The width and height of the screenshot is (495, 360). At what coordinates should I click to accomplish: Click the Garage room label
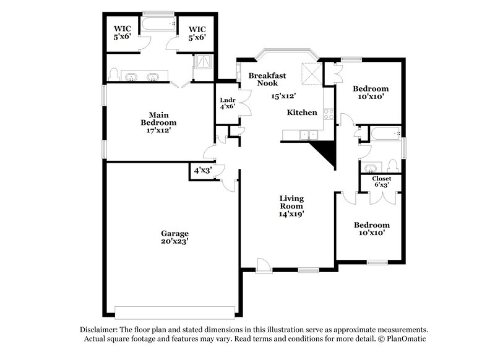(175, 233)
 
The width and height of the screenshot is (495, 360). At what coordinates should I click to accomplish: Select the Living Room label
(290, 202)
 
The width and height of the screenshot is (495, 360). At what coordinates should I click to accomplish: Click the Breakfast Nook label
(267, 79)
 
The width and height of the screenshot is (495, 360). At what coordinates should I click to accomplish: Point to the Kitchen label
(302, 113)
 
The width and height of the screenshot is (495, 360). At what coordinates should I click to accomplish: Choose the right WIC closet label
(197, 28)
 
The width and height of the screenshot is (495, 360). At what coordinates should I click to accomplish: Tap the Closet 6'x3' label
(381, 178)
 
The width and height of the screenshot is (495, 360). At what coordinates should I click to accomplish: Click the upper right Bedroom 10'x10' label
(371, 89)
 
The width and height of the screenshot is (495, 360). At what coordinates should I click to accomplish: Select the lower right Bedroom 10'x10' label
(371, 225)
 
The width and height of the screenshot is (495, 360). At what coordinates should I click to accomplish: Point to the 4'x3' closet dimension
(202, 171)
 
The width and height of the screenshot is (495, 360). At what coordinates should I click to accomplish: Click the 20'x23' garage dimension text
(175, 242)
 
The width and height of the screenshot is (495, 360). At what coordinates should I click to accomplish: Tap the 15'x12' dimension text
(283, 96)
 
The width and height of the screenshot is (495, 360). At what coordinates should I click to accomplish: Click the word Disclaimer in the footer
(100, 330)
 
